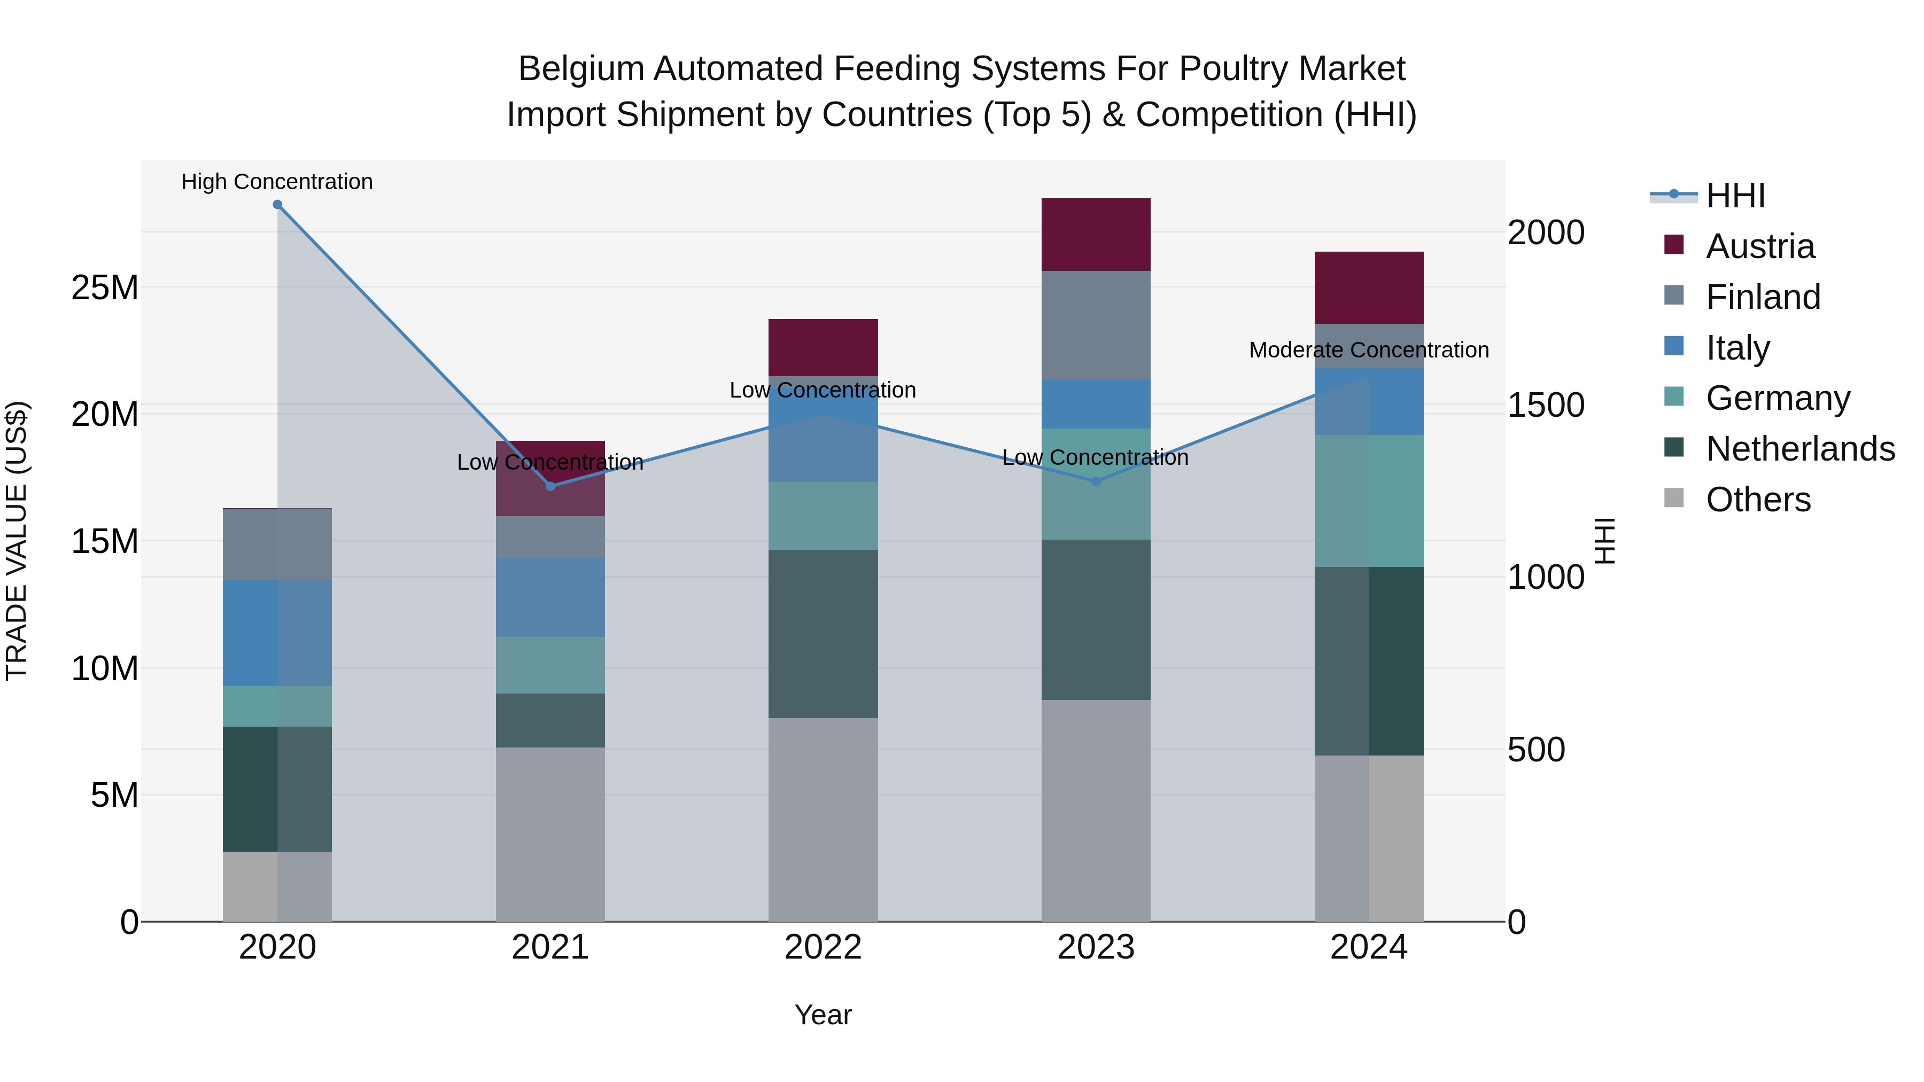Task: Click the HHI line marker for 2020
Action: [x=277, y=205]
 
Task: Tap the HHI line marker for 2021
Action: [x=550, y=486]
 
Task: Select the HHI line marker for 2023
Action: [x=1096, y=481]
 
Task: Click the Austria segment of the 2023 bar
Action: [x=1096, y=235]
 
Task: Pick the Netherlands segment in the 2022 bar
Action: [x=823, y=634]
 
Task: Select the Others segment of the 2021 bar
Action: [x=550, y=834]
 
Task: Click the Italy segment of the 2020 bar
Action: [x=277, y=633]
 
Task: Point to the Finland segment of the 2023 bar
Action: [x=1096, y=325]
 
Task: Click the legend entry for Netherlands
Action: [x=1800, y=449]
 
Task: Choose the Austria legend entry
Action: [x=1760, y=246]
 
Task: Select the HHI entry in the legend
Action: [x=1735, y=196]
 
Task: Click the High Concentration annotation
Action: [x=277, y=182]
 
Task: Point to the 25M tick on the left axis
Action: [x=105, y=287]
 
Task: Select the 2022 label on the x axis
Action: [x=823, y=947]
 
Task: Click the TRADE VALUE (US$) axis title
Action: [x=17, y=541]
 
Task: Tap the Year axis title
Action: [x=823, y=1015]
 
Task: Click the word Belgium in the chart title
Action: [x=580, y=69]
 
